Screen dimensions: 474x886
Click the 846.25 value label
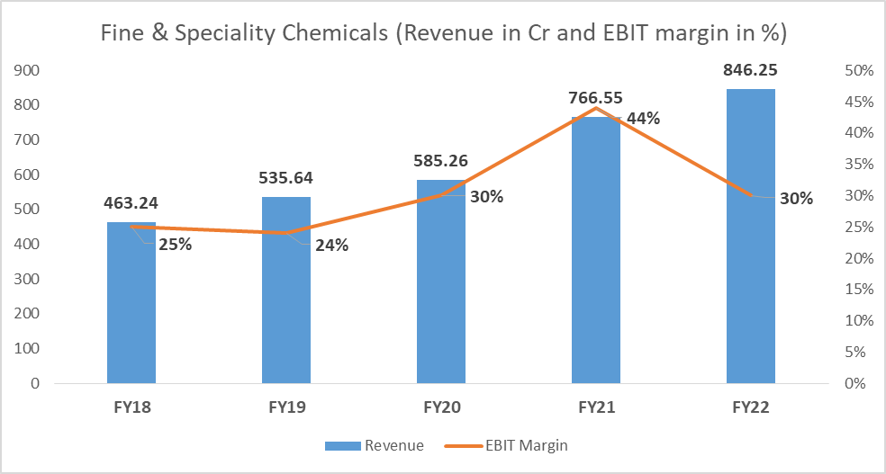(x=751, y=69)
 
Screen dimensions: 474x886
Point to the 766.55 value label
(x=596, y=98)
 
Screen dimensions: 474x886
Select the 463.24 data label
(x=131, y=202)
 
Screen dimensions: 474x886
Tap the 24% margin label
(x=331, y=244)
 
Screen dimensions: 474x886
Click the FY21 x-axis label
(x=596, y=407)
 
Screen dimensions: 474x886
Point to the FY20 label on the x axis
(x=441, y=407)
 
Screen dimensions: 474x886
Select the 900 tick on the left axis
(x=27, y=70)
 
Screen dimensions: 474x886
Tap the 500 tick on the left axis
(x=27, y=210)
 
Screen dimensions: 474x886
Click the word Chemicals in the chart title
(x=325, y=35)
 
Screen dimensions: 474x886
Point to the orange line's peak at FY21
(x=596, y=108)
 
